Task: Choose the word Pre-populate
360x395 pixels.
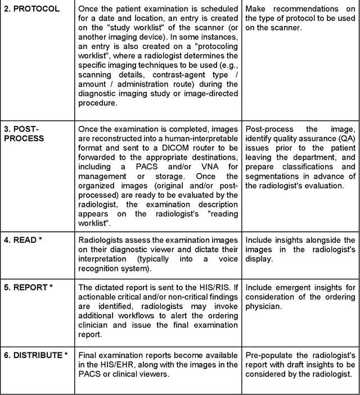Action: [269, 355]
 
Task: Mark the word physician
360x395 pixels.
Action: [265, 307]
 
